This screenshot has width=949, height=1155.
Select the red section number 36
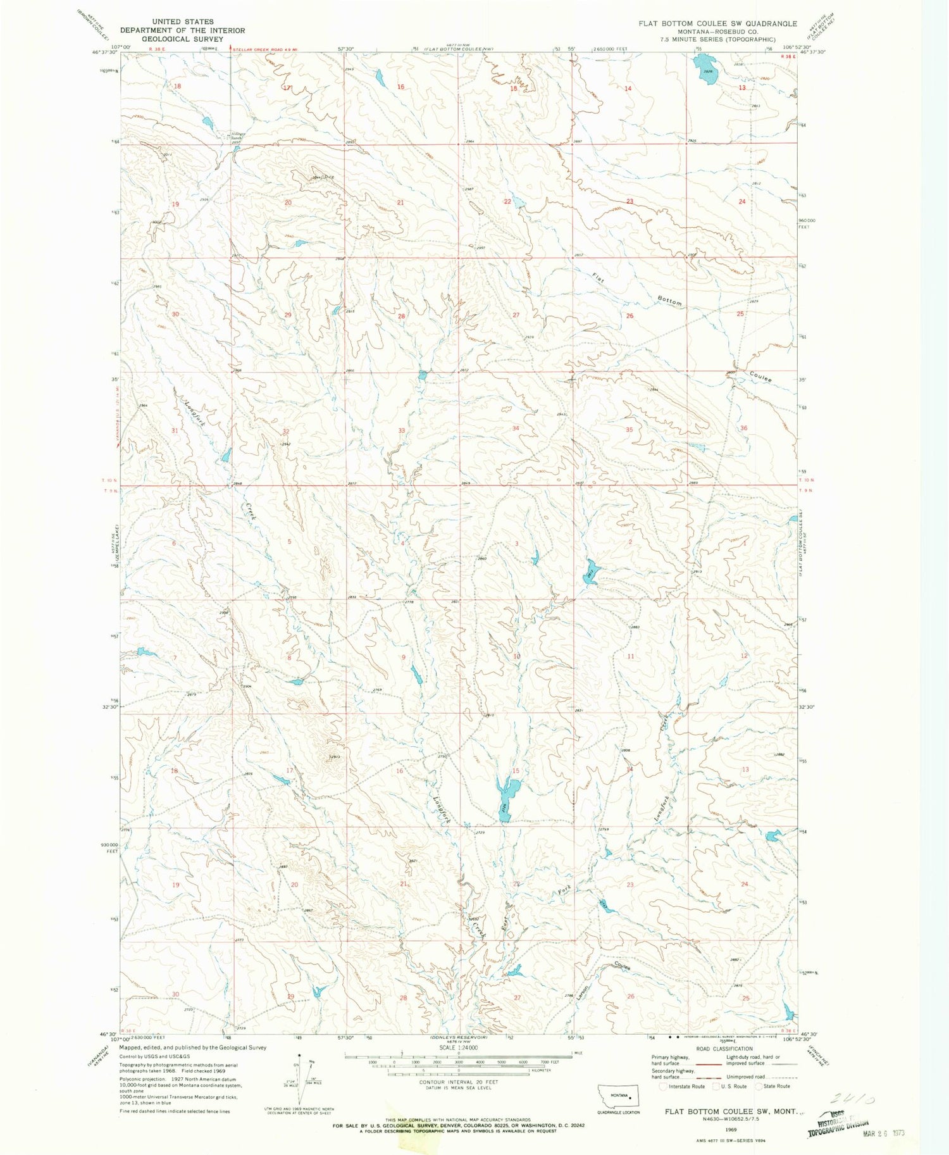coord(743,428)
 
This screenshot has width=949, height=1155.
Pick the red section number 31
coord(175,430)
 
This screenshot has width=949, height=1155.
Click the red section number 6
coord(173,544)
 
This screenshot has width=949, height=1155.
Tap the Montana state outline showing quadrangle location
coord(619,1095)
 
